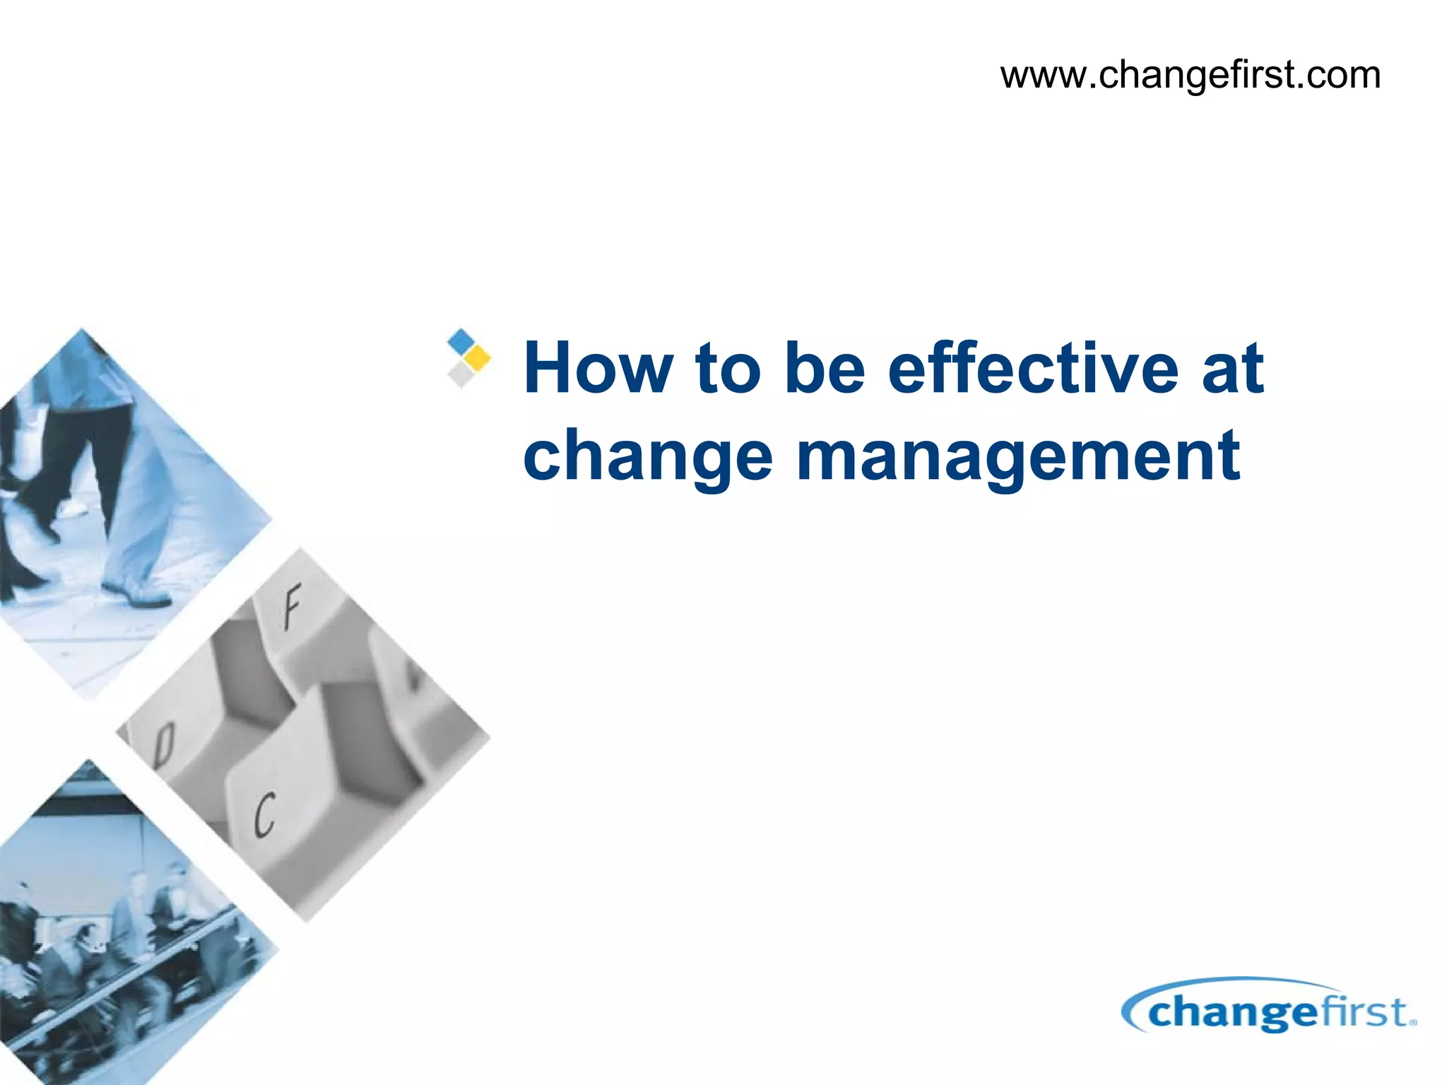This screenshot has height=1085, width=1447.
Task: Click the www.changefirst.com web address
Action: tap(1190, 75)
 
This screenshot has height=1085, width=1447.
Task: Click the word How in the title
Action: tap(597, 368)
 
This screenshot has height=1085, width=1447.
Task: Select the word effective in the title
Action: tap(1032, 368)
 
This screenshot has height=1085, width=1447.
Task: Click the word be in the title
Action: tap(825, 368)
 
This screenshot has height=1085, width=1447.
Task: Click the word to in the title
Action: tap(728, 368)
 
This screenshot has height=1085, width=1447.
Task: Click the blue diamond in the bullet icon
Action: tap(461, 341)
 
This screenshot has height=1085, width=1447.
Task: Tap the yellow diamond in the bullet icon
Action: tap(478, 358)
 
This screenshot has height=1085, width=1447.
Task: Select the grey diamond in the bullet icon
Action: tap(461, 374)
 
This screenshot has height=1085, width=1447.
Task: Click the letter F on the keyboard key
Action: tap(291, 606)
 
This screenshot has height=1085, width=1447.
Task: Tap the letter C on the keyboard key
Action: tap(264, 814)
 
